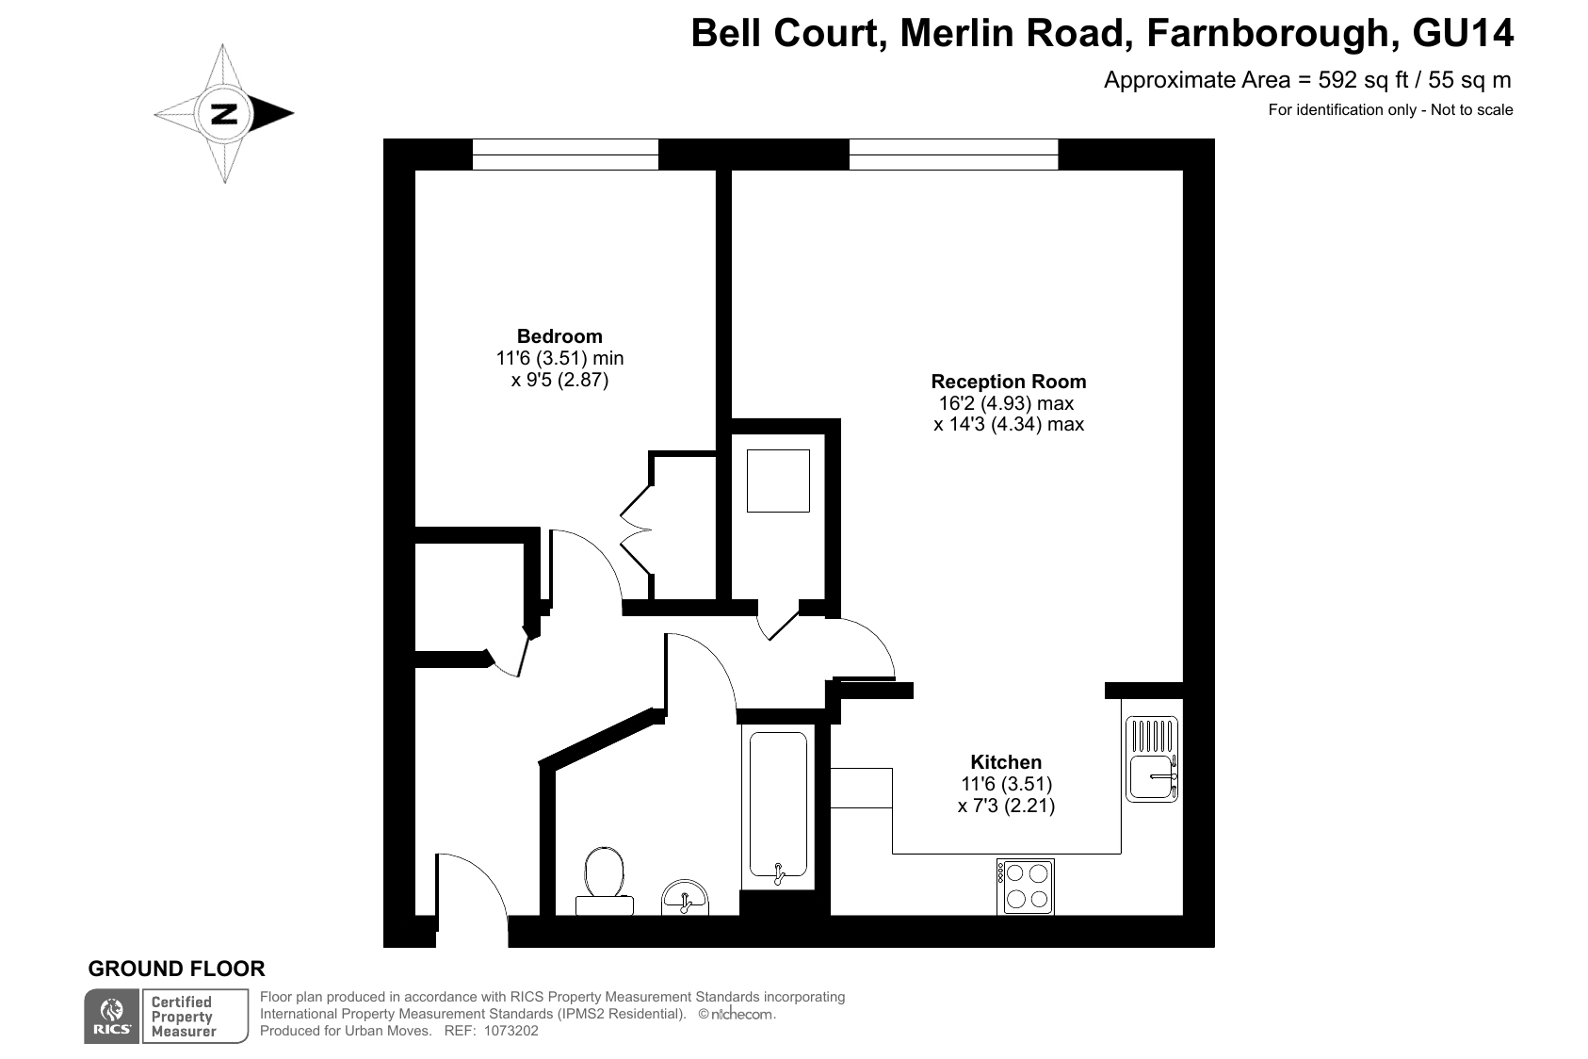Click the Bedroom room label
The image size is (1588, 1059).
click(x=559, y=336)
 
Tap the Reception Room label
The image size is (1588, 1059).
click(x=1008, y=382)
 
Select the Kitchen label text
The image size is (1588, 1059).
click(x=1006, y=762)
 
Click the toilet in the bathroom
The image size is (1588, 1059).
click(x=604, y=881)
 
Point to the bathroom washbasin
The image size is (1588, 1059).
click(x=685, y=897)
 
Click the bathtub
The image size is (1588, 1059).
click(x=778, y=807)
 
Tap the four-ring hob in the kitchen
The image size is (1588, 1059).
click(x=1025, y=887)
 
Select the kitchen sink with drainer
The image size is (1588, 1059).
click(x=1152, y=759)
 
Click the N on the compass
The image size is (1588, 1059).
click(x=224, y=113)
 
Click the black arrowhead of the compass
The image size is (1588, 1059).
click(x=271, y=113)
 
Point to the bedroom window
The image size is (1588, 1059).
click(x=566, y=155)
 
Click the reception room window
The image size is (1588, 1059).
click(x=953, y=155)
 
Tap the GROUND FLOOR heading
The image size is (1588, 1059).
click(x=176, y=969)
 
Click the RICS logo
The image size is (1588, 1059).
click(x=112, y=1017)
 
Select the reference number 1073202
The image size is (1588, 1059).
click(x=511, y=1031)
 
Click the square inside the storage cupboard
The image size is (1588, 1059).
click(x=778, y=481)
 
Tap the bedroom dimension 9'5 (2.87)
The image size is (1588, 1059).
click(x=560, y=381)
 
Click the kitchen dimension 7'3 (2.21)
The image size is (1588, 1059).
click(x=1006, y=806)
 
